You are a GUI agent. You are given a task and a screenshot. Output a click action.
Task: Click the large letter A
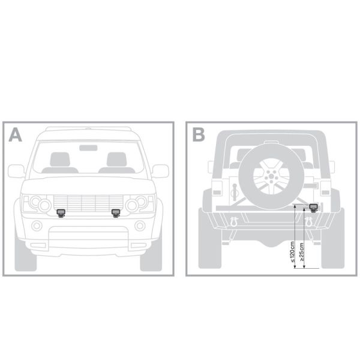(15, 135)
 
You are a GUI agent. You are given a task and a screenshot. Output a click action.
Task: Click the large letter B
(199, 135)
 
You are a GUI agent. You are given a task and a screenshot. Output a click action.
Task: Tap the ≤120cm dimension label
(292, 251)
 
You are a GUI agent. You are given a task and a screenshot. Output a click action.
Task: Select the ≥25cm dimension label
(302, 252)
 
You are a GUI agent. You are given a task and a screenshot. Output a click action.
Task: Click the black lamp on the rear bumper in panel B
(313, 208)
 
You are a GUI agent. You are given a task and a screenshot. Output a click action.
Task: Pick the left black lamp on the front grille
(61, 213)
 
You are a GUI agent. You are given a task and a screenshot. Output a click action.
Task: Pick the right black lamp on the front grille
(116, 213)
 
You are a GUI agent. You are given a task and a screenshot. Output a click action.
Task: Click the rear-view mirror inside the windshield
(88, 148)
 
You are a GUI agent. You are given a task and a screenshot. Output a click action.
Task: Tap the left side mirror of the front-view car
(16, 171)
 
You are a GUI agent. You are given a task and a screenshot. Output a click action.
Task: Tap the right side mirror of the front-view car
(160, 171)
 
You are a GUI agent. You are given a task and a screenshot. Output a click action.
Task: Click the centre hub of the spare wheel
(271, 176)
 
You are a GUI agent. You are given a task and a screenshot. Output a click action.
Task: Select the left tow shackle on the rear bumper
(234, 222)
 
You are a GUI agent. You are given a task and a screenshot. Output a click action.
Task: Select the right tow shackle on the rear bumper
(308, 222)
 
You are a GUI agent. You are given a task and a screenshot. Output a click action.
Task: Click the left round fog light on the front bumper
(37, 226)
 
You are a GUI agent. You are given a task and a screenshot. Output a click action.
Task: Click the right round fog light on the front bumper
(140, 226)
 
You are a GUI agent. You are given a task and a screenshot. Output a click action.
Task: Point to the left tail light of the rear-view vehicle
(217, 189)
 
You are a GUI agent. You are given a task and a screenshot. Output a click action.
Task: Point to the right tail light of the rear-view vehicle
(325, 189)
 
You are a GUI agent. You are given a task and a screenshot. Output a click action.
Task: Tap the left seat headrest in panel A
(60, 159)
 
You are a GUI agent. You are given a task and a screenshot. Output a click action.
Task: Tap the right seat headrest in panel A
(116, 159)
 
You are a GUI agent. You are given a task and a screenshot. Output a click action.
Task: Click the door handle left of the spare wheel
(235, 192)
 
